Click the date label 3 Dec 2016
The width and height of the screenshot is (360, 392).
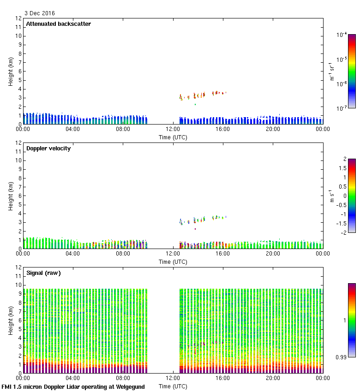tap(39, 13)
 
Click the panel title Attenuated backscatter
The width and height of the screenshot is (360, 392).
tap(58, 24)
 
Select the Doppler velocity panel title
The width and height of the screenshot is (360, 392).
tap(48, 148)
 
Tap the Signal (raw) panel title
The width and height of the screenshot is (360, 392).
tap(43, 273)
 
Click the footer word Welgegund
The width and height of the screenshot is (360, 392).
tap(129, 387)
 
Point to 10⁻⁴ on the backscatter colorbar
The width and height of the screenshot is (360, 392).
tap(342, 35)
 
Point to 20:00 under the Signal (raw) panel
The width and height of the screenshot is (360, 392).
tap(273, 379)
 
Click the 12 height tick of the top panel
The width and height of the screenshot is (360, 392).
tap(18, 18)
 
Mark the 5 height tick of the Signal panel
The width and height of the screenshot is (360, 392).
tap(20, 329)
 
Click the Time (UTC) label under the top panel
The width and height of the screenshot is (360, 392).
tap(173, 137)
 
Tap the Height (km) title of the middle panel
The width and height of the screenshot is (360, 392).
tap(11, 196)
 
